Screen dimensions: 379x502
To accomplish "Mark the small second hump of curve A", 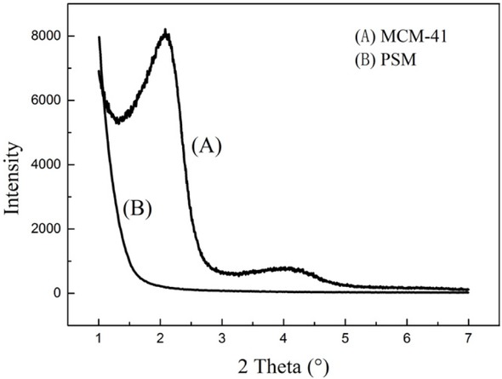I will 286,268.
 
